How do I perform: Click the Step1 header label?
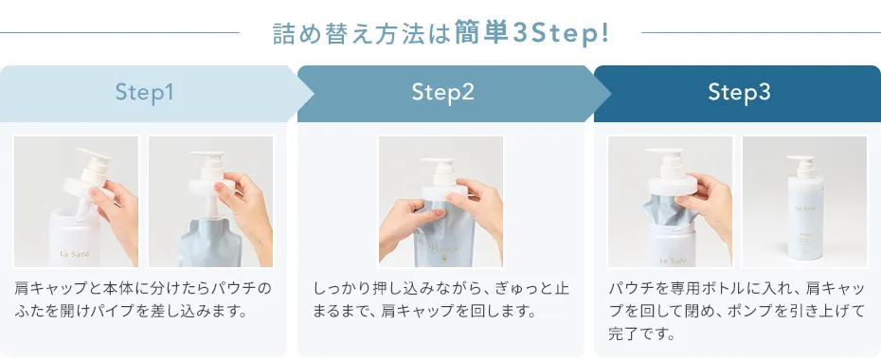coord(144,93)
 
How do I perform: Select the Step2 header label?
coord(442,93)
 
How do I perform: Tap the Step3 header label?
coord(739,93)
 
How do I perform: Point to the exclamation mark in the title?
coord(604,32)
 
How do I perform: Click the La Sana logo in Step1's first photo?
coord(75,254)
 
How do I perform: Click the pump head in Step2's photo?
coord(439,168)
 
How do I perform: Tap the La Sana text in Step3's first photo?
coord(671,261)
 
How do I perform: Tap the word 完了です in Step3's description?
coord(641,334)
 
